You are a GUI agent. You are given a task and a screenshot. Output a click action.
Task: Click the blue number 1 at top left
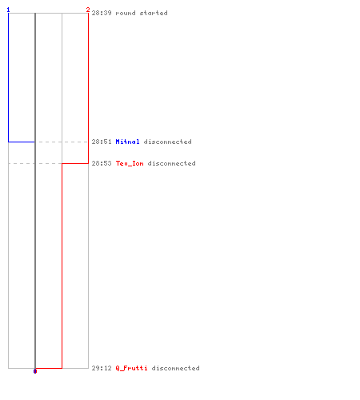[8, 10]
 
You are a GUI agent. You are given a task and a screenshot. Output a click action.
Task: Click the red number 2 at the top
[88, 10]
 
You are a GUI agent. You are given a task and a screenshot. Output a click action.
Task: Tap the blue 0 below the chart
[35, 371]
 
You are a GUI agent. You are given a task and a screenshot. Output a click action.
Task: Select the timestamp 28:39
[102, 13]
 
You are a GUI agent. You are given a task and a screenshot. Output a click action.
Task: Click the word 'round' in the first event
[126, 13]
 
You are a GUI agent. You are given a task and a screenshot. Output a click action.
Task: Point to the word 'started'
[154, 13]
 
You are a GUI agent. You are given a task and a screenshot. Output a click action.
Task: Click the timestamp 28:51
[102, 142]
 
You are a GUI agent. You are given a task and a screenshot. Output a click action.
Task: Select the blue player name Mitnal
[127, 142]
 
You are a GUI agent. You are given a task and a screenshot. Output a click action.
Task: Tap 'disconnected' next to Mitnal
[167, 142]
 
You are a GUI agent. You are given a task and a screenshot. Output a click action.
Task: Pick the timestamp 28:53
[102, 163]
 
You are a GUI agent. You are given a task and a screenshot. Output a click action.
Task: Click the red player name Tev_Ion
[130, 163]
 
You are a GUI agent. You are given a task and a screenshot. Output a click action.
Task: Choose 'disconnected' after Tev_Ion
[171, 163]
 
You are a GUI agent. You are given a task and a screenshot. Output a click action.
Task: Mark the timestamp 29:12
[102, 368]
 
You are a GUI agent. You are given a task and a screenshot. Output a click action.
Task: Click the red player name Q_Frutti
[131, 368]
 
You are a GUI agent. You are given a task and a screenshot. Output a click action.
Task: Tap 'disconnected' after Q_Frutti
[175, 368]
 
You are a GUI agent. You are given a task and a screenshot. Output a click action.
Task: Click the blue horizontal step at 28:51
[22, 142]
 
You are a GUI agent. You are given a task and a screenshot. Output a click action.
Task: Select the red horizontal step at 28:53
[75, 163]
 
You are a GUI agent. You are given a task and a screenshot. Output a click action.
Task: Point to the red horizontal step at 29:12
[49, 368]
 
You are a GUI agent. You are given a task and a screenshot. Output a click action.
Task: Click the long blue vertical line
[9, 78]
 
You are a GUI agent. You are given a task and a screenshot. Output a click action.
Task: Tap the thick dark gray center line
[35, 190]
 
